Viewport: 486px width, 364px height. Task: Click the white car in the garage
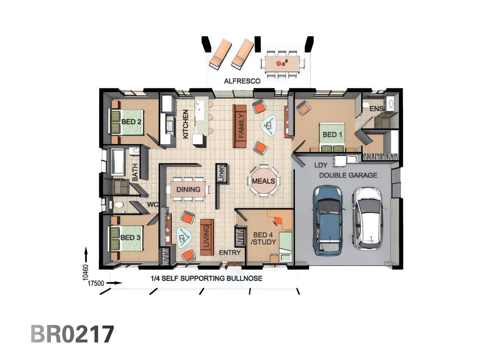pos(369,218)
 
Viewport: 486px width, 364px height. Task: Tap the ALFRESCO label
pos(242,81)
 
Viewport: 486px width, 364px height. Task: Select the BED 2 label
pos(131,122)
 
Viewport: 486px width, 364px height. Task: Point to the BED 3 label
pos(130,238)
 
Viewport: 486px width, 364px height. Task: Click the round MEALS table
pos(263,181)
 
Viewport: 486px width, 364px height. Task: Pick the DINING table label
pos(188,189)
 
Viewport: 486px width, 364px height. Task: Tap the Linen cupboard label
pos(221,173)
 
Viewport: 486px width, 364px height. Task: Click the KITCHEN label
pos(185,124)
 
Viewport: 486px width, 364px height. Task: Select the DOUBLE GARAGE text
pos(348,175)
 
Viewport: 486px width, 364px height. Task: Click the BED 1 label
pos(332,134)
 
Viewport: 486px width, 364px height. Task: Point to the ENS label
pos(376,109)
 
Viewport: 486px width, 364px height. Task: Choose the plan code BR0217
pos(72,334)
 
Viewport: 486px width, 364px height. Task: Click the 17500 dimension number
pos(96,283)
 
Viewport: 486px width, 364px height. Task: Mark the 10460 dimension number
pos(86,272)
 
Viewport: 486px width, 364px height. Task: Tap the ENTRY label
pos(230,252)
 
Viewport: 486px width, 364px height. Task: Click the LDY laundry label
pos(321,165)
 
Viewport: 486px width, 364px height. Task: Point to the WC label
pos(152,205)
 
